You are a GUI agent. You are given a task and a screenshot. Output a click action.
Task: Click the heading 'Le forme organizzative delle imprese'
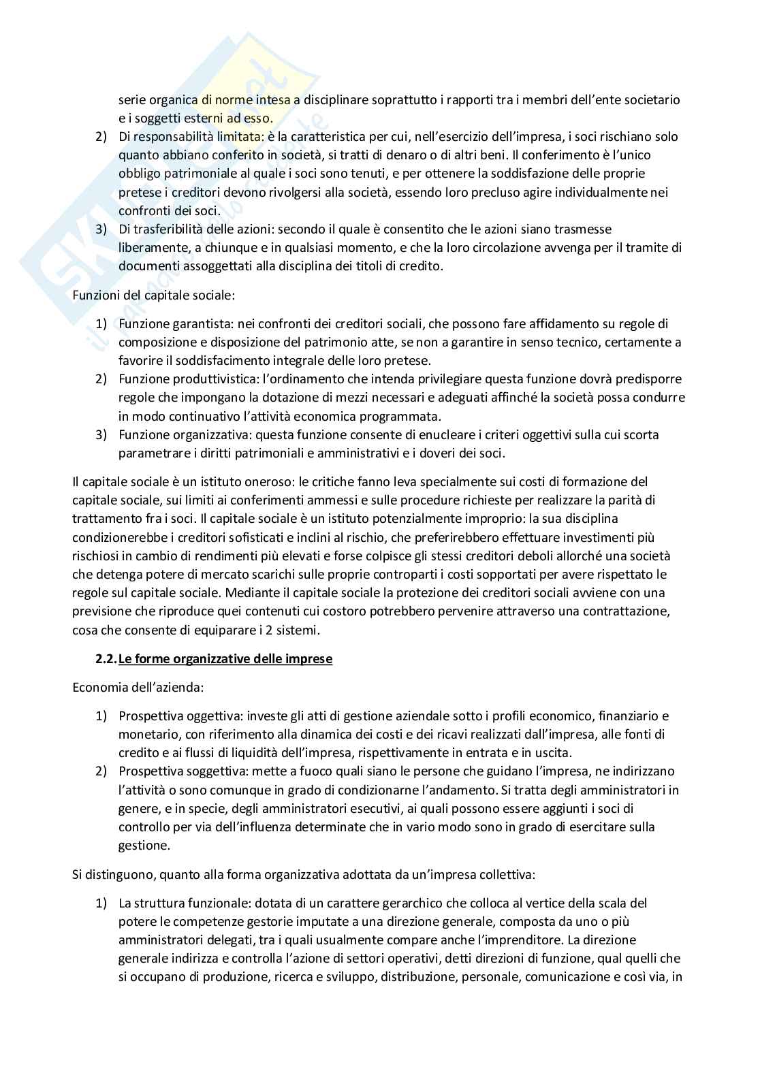(225, 660)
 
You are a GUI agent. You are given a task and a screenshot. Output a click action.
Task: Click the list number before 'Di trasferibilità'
(101, 229)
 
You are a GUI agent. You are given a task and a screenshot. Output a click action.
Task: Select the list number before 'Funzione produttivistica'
(101, 379)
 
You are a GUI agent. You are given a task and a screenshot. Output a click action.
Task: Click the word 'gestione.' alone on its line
(142, 846)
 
